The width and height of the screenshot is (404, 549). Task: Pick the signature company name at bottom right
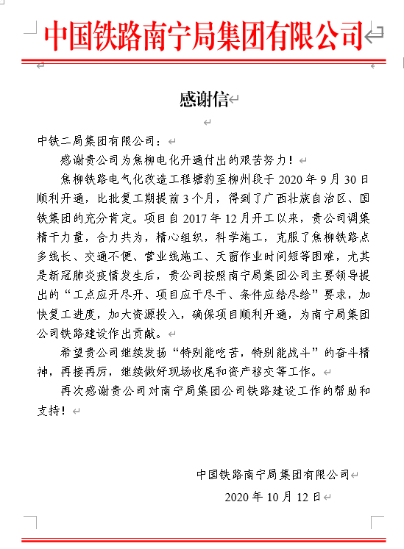click(273, 474)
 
